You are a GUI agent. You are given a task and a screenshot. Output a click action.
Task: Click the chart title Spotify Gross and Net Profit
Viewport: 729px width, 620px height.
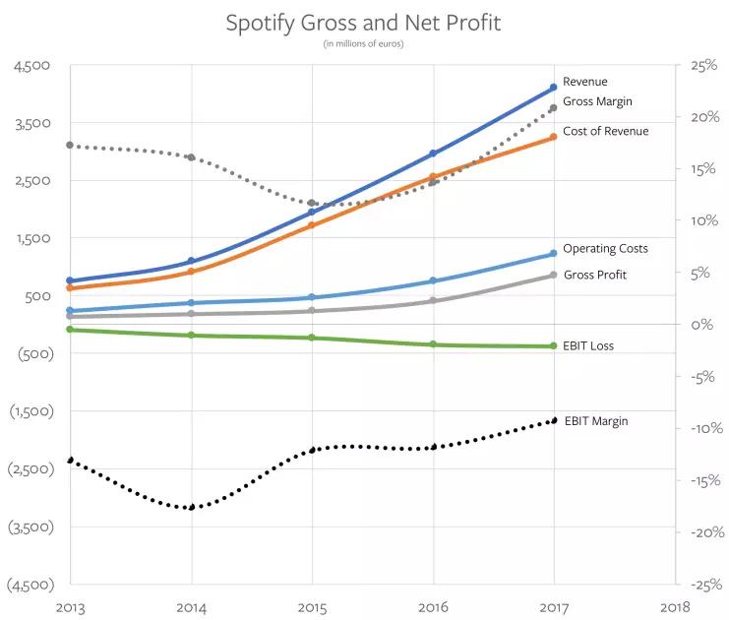coord(363,23)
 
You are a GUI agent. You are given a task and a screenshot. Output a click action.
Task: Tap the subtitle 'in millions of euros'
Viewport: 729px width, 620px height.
coord(363,43)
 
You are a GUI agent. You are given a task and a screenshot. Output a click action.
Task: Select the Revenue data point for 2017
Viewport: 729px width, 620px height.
coord(554,88)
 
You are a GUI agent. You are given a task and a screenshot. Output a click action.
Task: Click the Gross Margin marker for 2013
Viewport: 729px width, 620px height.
coord(70,145)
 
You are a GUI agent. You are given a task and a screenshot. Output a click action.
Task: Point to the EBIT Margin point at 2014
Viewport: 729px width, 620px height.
coord(191,508)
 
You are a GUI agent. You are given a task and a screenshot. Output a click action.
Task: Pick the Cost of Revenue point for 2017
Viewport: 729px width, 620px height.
coord(554,136)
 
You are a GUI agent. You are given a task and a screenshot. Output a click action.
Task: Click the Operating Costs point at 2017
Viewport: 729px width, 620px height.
coord(554,254)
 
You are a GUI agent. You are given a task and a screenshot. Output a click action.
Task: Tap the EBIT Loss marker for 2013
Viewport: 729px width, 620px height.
coord(70,329)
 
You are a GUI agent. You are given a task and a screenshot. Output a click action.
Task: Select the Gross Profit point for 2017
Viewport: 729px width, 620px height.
coord(554,275)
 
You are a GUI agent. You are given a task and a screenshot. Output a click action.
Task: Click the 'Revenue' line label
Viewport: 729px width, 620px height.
coord(584,82)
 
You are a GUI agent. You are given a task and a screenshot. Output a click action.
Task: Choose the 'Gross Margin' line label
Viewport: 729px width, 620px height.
coord(597,101)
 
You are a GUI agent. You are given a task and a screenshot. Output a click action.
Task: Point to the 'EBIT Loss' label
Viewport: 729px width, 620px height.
coord(588,346)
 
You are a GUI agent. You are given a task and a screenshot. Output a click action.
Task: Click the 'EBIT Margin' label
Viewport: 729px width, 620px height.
coord(594,421)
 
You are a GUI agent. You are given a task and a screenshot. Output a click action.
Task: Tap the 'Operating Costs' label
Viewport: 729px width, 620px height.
coord(605,249)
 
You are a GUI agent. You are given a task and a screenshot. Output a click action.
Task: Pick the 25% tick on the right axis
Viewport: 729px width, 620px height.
coord(703,66)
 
